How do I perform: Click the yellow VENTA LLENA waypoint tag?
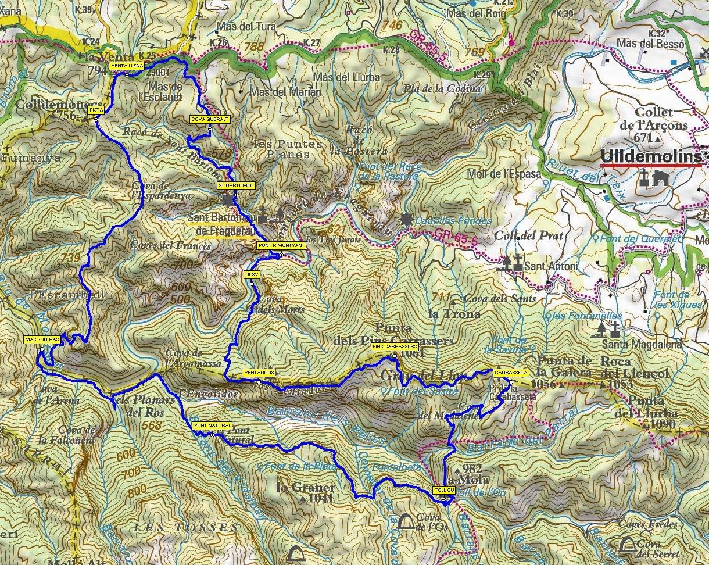pos(126,66)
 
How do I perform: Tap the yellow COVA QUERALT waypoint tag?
pos(210,119)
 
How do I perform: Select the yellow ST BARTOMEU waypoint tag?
pos(235,185)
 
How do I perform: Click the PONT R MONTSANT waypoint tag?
pos(280,246)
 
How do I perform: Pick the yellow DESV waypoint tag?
pos(251,274)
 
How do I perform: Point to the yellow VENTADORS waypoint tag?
pos(258,373)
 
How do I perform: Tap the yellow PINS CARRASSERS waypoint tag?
pos(393,347)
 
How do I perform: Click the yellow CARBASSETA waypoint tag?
pos(510,373)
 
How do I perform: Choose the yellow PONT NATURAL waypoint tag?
pos(212,426)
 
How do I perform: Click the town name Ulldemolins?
pos(650,156)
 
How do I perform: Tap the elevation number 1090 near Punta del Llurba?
pos(663,424)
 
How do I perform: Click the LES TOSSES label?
pos(185,528)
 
